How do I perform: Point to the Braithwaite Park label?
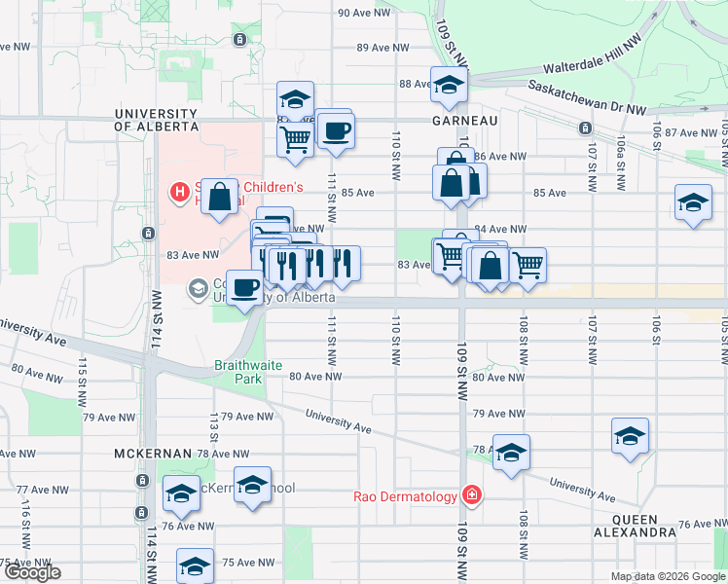pos(248,366)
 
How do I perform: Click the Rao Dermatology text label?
pos(405,496)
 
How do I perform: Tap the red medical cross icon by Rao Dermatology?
pos(472,495)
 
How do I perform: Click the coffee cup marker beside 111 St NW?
pos(337,129)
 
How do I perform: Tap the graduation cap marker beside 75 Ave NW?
pos(195,566)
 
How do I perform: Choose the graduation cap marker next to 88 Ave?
pos(449,86)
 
